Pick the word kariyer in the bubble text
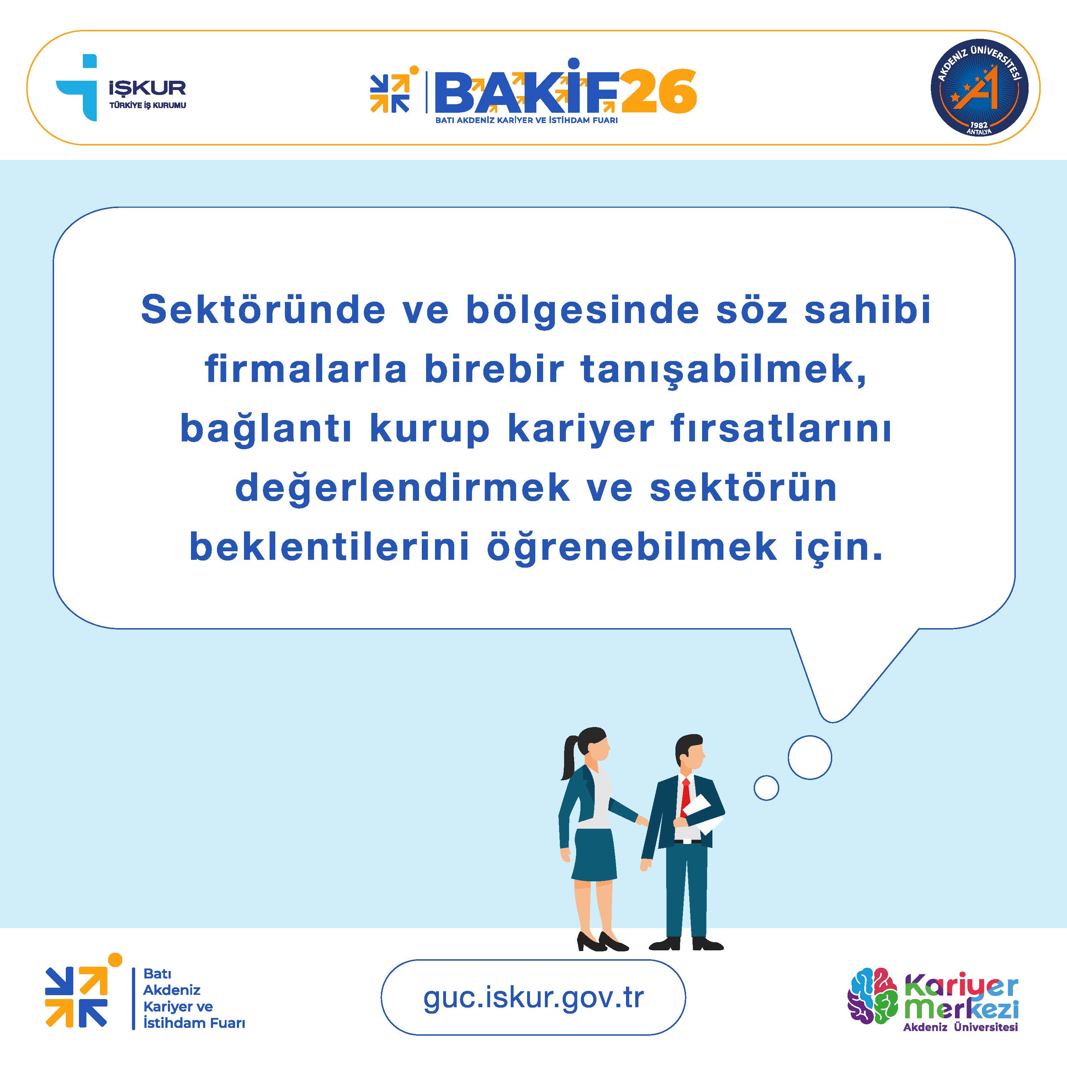(x=580, y=429)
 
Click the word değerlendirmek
(x=403, y=488)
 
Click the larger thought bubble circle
(x=809, y=757)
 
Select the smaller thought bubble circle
(x=766, y=788)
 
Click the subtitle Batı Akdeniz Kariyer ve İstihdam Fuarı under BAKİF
(x=526, y=120)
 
